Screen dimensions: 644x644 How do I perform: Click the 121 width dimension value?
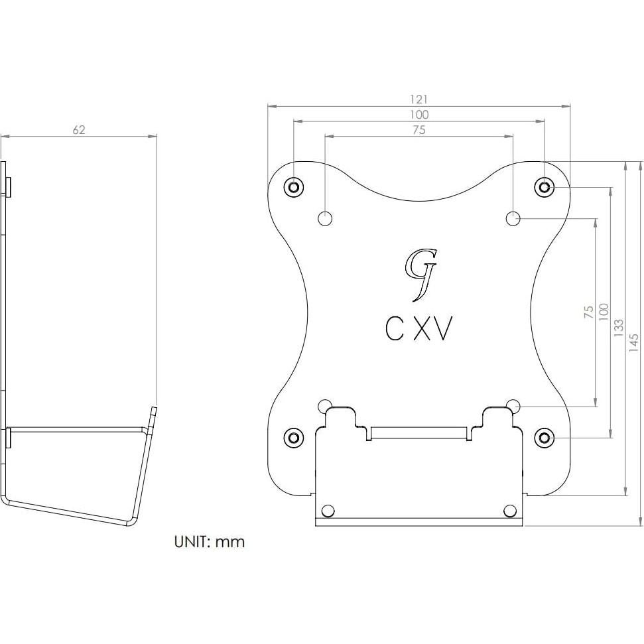pyautogui.click(x=419, y=99)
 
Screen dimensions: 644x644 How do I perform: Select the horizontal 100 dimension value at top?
pyautogui.click(x=419, y=115)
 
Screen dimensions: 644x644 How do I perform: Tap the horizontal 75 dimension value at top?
pyautogui.click(x=419, y=131)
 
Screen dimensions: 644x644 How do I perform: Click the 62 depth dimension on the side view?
pyautogui.click(x=79, y=130)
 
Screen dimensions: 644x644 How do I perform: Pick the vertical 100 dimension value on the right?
pyautogui.click(x=603, y=312)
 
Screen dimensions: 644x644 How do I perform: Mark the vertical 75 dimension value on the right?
pyautogui.click(x=588, y=312)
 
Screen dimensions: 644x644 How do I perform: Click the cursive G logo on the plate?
pyautogui.click(x=420, y=272)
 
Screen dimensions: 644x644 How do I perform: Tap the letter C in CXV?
pyautogui.click(x=395, y=329)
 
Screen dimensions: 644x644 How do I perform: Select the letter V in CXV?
pyautogui.click(x=442, y=329)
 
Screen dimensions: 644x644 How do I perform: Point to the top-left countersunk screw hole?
pyautogui.click(x=293, y=187)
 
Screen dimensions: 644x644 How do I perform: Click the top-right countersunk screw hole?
pyautogui.click(x=545, y=187)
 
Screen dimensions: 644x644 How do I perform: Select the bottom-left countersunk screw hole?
pyautogui.click(x=293, y=437)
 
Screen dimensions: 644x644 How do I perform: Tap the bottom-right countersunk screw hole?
pyautogui.click(x=545, y=437)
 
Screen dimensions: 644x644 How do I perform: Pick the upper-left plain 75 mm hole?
pyautogui.click(x=325, y=218)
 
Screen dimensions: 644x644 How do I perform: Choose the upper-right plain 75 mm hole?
pyautogui.click(x=513, y=218)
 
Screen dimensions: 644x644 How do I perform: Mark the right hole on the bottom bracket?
pyautogui.click(x=509, y=510)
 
